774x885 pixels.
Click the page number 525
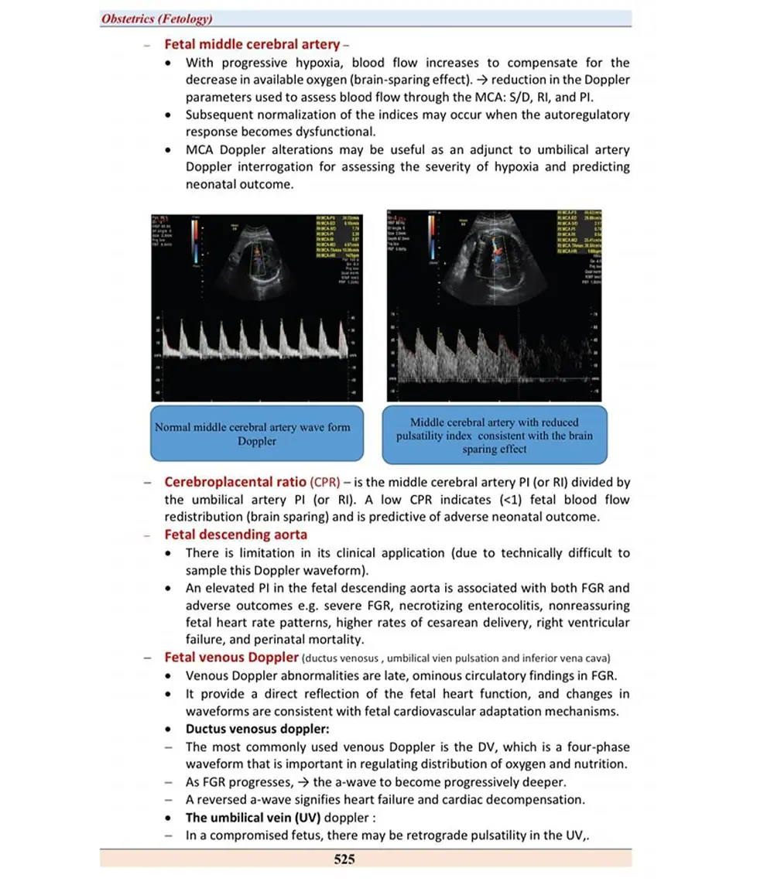click(344, 858)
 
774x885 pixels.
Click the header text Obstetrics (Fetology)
click(156, 19)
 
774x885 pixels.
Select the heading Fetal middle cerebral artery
click(252, 44)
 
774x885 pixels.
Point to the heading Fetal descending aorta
click(235, 535)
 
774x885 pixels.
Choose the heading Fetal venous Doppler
click(231, 657)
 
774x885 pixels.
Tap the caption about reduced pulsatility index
click(494, 435)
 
